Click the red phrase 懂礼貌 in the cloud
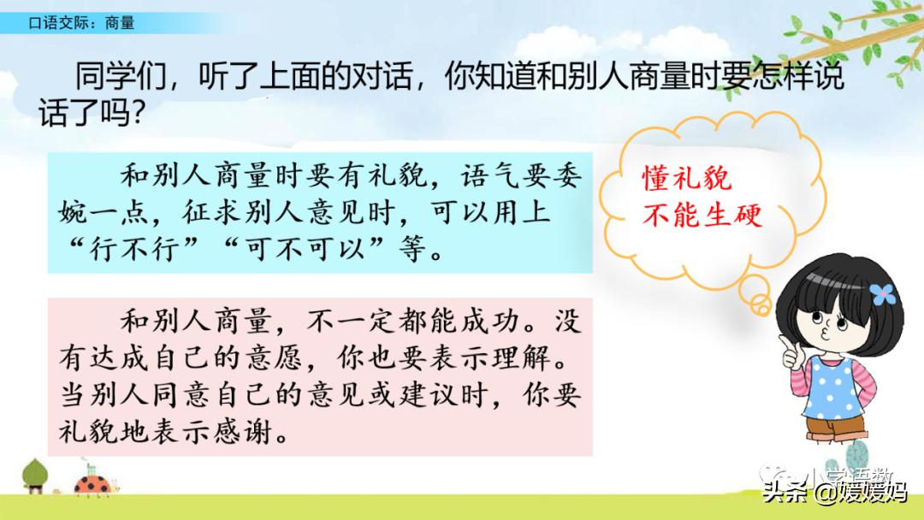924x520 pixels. click(x=687, y=179)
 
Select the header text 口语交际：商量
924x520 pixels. click(x=81, y=23)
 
